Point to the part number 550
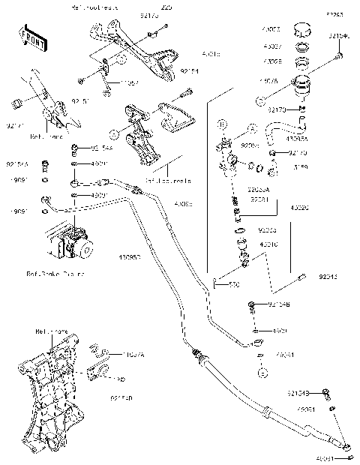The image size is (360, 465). (233, 285)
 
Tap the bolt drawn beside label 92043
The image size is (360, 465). (302, 277)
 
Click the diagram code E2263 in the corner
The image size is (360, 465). (333, 13)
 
